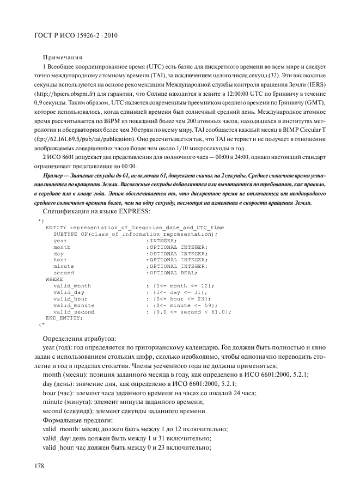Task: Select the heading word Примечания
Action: point(62,56)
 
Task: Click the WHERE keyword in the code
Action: point(54,279)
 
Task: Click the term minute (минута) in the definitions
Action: point(68,401)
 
